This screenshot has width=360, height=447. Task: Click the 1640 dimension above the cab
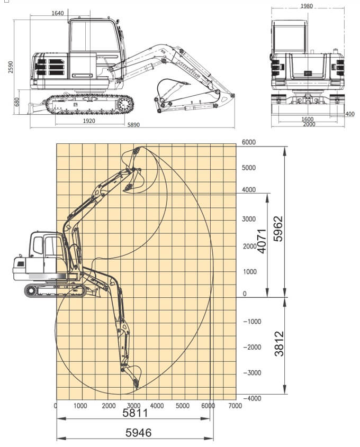point(58,13)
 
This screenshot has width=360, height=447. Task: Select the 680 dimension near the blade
point(17,102)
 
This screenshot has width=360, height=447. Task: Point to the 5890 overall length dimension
point(134,125)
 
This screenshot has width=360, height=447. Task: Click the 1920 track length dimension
point(89,121)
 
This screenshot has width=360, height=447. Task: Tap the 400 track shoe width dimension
point(349,114)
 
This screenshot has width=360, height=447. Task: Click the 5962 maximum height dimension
point(278,229)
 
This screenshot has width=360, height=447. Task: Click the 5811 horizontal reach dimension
point(136,413)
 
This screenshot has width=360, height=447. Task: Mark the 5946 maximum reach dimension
point(138,433)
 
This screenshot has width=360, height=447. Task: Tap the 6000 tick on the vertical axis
point(249,142)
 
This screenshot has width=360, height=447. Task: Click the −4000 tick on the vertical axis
point(251,398)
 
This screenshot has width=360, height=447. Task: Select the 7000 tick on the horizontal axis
point(235,406)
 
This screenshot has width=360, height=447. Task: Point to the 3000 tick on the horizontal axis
point(133,406)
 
